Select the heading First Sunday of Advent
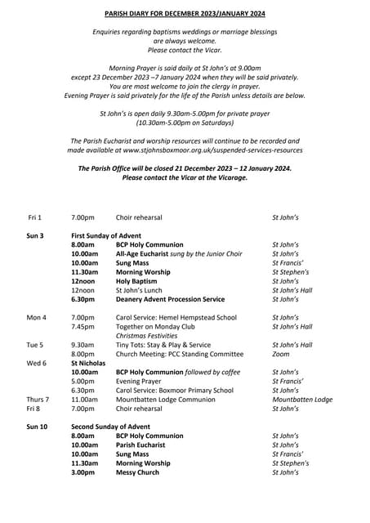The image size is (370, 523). (x=106, y=235)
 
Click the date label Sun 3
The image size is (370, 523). (x=35, y=235)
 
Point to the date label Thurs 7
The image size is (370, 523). (x=38, y=400)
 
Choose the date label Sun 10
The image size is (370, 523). (x=37, y=427)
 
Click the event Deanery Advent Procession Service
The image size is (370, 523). (x=170, y=299)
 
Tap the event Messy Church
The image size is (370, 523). (x=137, y=472)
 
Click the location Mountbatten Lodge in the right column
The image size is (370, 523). (x=301, y=400)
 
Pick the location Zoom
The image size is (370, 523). (x=280, y=354)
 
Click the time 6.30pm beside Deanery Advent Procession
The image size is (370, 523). (x=83, y=299)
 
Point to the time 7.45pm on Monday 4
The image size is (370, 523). (x=82, y=326)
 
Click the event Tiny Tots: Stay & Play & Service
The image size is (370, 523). (x=163, y=345)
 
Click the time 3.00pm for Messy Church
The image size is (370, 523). (x=83, y=472)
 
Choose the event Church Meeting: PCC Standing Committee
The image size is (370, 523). (x=180, y=354)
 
